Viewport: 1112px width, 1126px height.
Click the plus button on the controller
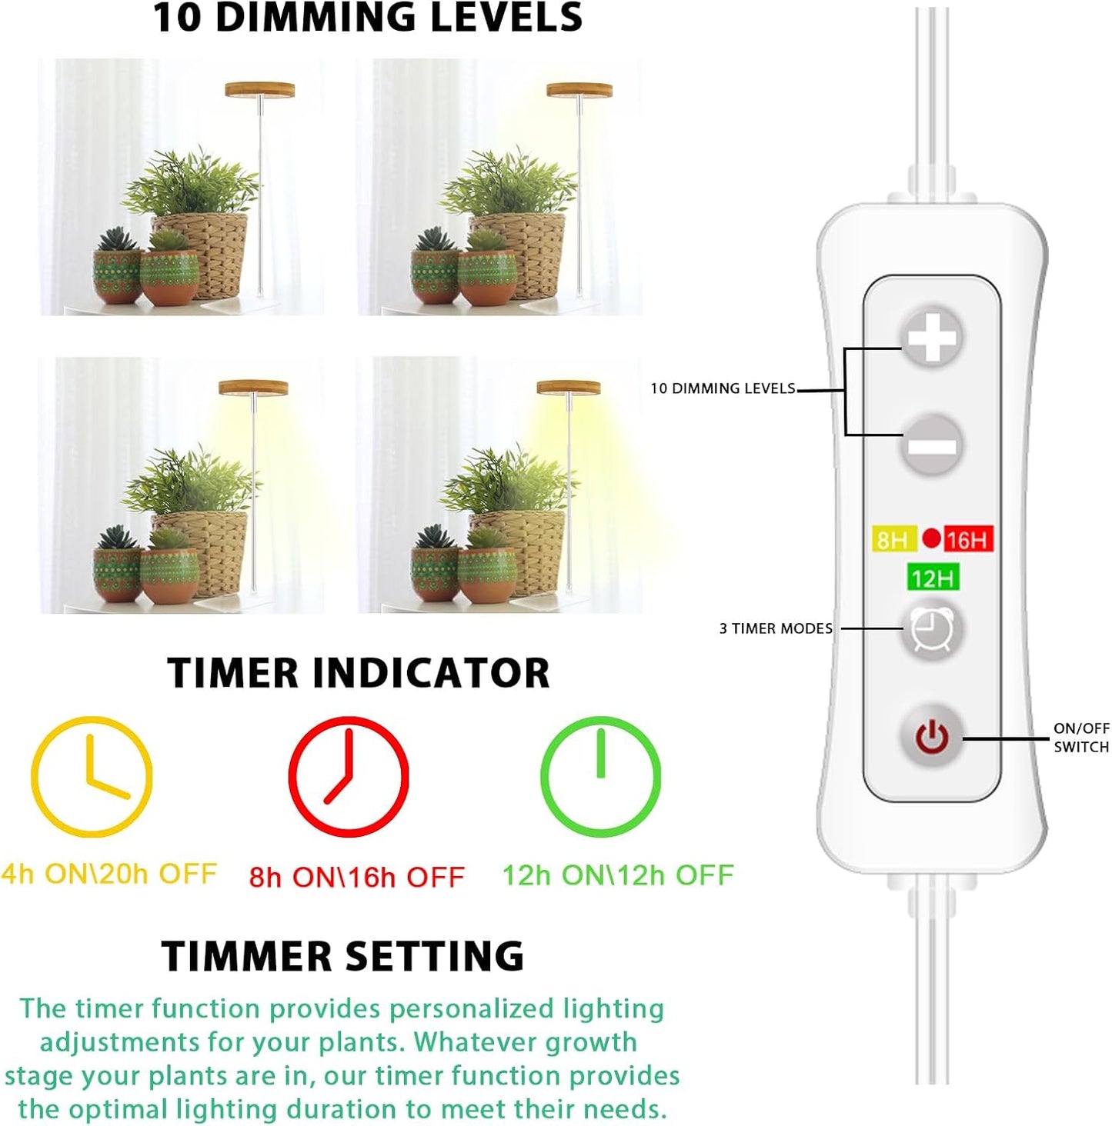point(932,337)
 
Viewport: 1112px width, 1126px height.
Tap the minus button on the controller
point(932,445)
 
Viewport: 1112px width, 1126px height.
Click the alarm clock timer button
point(932,630)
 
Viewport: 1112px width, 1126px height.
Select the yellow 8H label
point(893,539)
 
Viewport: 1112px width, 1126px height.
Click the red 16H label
point(968,539)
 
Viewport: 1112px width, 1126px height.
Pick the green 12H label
point(933,578)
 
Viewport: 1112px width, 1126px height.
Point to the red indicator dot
point(931,538)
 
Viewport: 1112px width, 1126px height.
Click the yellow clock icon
point(92,776)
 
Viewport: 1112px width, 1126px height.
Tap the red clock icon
point(349,776)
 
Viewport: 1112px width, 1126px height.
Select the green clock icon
point(600,776)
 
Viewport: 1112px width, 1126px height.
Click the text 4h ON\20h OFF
point(109,874)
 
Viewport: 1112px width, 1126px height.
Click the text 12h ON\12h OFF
point(618,875)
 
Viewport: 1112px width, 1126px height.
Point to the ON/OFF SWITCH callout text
point(1081,737)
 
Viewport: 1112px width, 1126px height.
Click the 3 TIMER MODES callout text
point(776,628)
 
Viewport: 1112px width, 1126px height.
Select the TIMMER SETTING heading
point(343,957)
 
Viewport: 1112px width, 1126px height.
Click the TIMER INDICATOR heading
point(359,673)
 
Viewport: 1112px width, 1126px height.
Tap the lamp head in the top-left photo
point(259,90)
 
